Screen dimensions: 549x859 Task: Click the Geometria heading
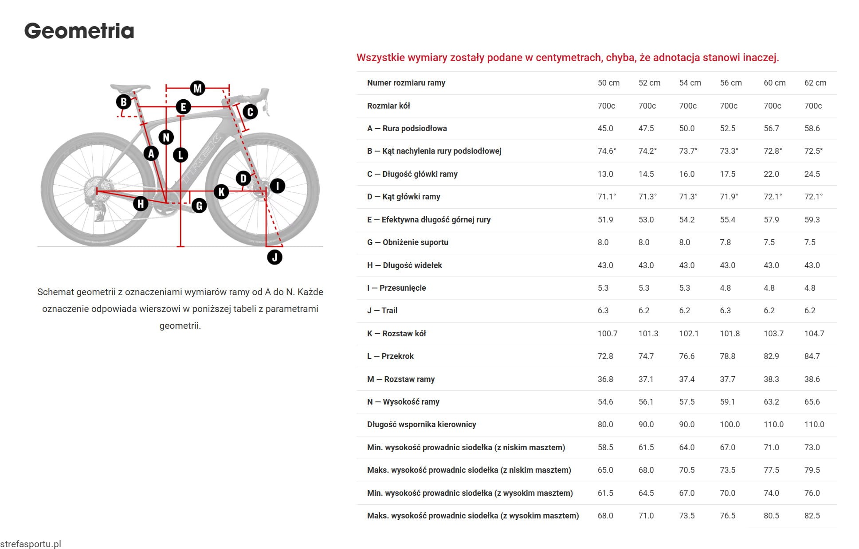coord(79,31)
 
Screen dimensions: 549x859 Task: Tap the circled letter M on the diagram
coord(197,88)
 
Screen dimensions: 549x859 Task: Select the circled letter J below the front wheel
coord(275,257)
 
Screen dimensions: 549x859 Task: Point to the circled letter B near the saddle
coord(124,102)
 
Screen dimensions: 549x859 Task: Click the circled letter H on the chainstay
coord(141,204)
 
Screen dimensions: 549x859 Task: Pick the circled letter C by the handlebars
coord(250,112)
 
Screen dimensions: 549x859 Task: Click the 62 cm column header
coord(815,83)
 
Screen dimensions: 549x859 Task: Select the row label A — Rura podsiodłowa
coord(407,128)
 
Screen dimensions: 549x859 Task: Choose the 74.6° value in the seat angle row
coord(606,151)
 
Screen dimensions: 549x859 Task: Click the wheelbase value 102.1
coord(688,334)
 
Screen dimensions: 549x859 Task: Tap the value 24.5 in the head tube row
coord(812,174)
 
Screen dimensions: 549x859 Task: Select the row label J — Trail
coord(382,311)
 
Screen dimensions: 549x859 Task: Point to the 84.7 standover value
coord(812,356)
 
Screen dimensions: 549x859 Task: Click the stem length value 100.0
coord(730,424)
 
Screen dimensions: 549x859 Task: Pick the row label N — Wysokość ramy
coord(403,402)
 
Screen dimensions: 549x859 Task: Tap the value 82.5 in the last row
coord(812,516)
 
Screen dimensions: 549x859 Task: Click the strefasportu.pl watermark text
coord(31,544)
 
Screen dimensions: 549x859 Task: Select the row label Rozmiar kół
coord(388,106)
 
